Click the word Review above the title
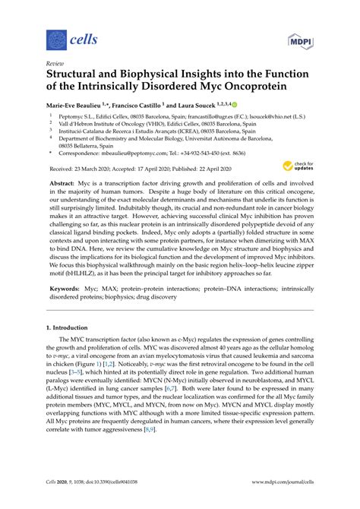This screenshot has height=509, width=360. tap(55, 65)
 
